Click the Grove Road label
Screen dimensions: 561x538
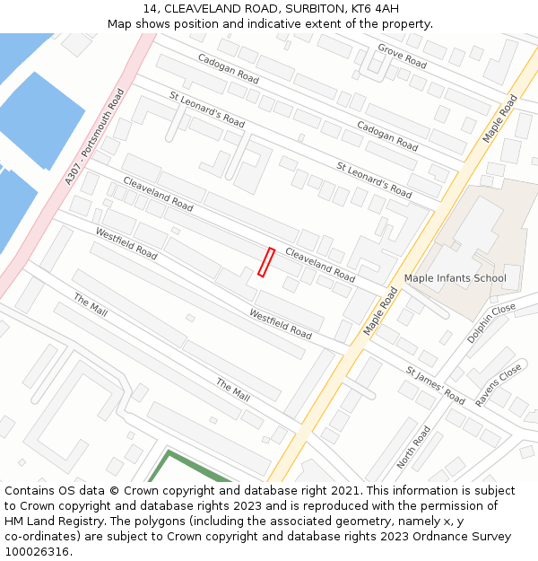402,56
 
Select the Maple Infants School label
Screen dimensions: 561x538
455,278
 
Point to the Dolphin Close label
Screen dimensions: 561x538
490,323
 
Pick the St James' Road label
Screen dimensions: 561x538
435,385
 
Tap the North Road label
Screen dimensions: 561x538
413,447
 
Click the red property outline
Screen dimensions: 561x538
265,262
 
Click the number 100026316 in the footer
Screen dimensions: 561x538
37,551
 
